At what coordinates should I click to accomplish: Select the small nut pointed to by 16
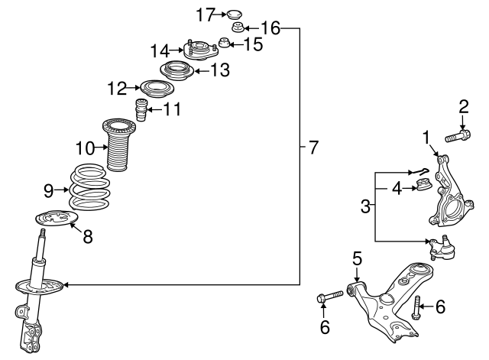tap(238, 30)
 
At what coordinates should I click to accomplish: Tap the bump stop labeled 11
tap(141, 109)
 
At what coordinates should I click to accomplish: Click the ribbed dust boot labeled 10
tap(116, 145)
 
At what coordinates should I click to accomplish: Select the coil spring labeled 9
tap(91, 190)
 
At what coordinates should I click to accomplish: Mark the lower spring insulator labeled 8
tap(58, 221)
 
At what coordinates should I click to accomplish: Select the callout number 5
tap(355, 258)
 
